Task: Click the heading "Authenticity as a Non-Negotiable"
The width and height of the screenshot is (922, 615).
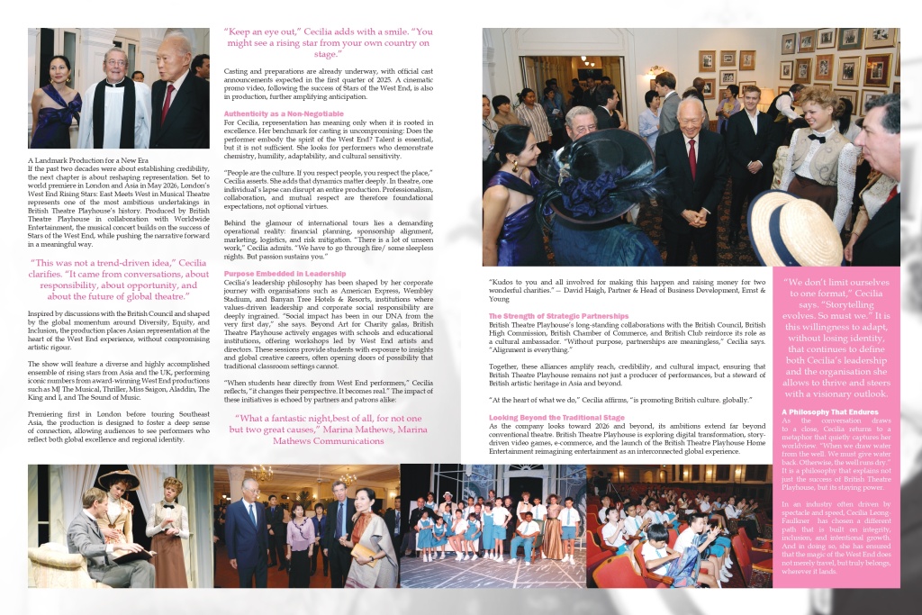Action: click(283, 113)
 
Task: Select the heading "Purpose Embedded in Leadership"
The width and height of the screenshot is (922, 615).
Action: click(284, 273)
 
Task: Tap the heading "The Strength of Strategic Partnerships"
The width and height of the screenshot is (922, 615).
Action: click(558, 316)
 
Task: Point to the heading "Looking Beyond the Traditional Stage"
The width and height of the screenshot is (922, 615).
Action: click(556, 418)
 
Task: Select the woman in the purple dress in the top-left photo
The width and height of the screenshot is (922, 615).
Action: click(54, 101)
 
